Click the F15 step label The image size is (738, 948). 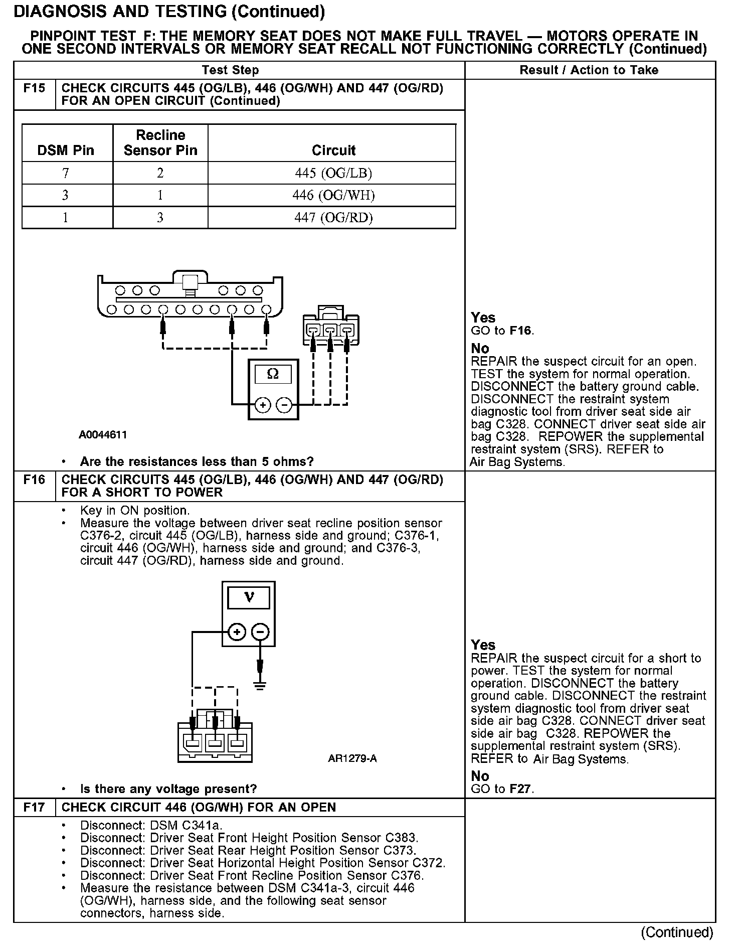coord(34,89)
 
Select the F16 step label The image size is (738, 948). coord(34,480)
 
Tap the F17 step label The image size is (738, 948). coord(34,807)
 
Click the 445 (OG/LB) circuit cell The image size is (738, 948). coord(333,173)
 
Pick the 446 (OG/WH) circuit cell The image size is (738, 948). coord(333,195)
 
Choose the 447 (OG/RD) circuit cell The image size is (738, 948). coord(333,218)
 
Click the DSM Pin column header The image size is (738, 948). coord(66,150)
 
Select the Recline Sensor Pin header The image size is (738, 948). coord(160,142)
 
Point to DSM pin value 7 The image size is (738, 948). coord(66,173)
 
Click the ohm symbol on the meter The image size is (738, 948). coord(273,374)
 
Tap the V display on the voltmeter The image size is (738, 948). coord(249,597)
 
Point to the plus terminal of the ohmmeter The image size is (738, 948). coord(263,404)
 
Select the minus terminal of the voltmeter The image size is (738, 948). coord(260,632)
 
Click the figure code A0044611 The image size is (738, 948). coord(103,435)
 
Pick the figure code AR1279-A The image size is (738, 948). coord(352,758)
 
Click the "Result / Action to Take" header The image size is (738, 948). coord(589,70)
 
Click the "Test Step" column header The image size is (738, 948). coord(231,70)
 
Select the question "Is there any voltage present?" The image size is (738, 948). coord(168,788)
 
